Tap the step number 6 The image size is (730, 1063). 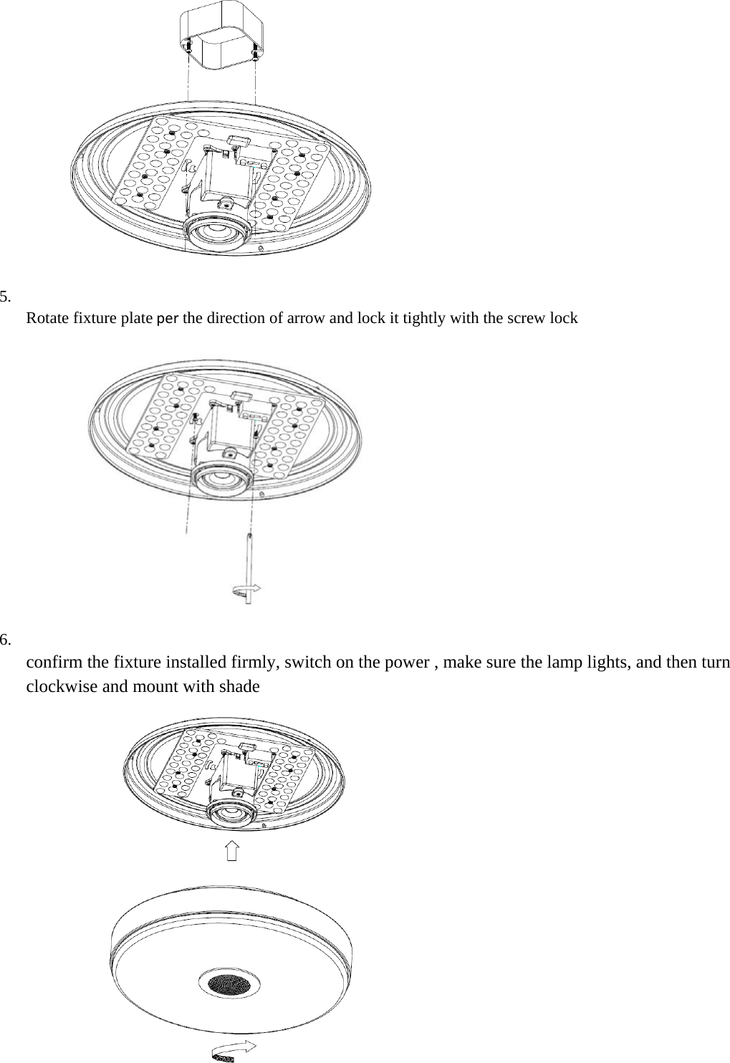[5, 640]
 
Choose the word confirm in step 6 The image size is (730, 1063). [54, 661]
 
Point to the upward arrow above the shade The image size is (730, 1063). [231, 852]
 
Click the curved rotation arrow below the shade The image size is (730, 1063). [235, 1050]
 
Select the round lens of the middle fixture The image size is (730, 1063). [224, 479]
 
